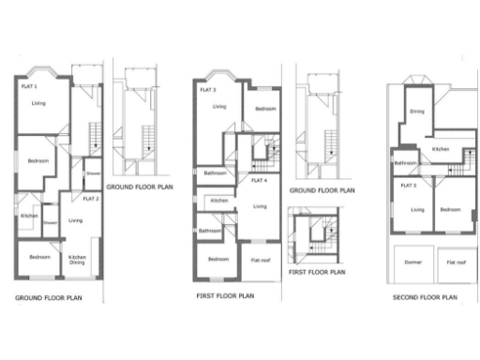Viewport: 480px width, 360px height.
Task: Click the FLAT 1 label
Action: coord(30,86)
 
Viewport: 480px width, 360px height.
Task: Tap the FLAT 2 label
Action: coord(91,199)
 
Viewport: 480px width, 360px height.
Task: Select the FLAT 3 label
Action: coord(208,90)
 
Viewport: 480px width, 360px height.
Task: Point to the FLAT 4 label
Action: coord(259,179)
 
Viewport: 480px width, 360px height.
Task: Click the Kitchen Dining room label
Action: coord(79,260)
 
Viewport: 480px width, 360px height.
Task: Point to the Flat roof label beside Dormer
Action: coord(457,263)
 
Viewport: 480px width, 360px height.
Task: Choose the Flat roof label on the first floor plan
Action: coord(260,260)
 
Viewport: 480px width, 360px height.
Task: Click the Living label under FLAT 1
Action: coord(37,103)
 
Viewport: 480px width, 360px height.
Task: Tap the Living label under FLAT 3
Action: coord(218,107)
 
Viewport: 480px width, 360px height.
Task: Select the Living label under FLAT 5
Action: coord(418,208)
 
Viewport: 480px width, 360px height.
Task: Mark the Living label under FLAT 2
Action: coord(75,220)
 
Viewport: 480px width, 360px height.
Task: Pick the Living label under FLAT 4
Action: coord(260,206)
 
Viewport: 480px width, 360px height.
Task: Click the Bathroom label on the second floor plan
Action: coord(405,163)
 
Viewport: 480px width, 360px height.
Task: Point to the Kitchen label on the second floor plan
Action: coord(442,149)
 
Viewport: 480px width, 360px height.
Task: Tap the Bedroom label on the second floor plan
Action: coord(451,208)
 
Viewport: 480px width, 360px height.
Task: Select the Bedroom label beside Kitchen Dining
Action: coord(38,257)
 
